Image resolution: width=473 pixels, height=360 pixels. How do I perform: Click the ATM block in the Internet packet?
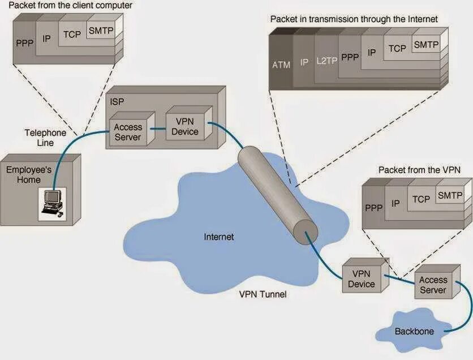(x=281, y=65)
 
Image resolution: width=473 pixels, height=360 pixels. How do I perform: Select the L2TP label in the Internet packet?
(x=326, y=61)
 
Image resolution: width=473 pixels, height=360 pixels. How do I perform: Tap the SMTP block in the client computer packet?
(x=101, y=32)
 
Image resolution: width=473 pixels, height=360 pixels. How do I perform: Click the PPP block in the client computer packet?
(x=25, y=42)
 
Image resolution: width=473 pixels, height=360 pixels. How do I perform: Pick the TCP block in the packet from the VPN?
(x=421, y=199)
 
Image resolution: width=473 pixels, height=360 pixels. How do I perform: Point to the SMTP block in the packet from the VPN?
(x=450, y=195)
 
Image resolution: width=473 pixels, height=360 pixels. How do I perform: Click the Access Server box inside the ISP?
(x=128, y=132)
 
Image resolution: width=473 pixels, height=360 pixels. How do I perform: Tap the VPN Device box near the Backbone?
(x=362, y=279)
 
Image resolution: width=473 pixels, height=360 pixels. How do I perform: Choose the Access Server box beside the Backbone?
(x=433, y=285)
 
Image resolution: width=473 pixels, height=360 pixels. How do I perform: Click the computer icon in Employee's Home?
(x=52, y=203)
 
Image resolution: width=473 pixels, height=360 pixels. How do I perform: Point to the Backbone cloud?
(x=414, y=331)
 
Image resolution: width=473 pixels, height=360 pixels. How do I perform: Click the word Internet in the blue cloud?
(x=218, y=237)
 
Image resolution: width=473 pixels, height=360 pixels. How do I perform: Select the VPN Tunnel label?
(x=263, y=294)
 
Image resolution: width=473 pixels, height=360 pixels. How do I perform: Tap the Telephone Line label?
(x=45, y=138)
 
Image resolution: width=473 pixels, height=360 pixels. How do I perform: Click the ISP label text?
(x=117, y=101)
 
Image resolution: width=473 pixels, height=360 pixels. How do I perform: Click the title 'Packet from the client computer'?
(x=71, y=6)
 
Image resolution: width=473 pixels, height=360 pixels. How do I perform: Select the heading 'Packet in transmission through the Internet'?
(x=354, y=19)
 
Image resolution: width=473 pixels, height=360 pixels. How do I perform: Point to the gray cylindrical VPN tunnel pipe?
(x=274, y=189)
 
